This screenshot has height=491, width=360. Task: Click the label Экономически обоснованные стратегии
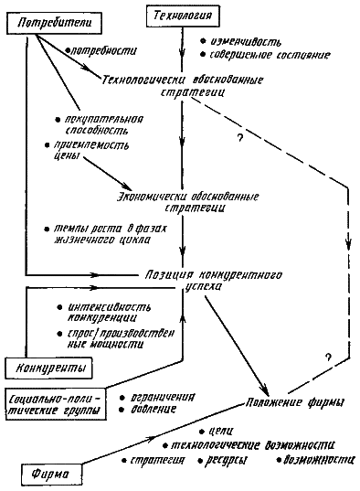[189, 202]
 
